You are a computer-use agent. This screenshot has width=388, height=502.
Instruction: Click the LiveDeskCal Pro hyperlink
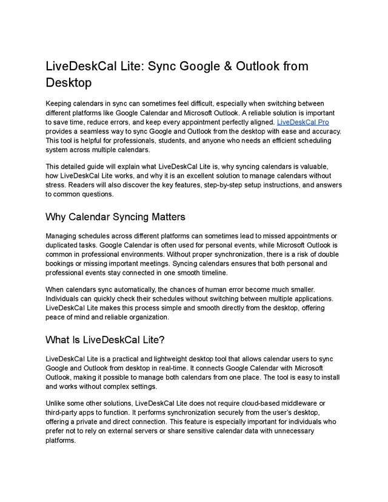pos(303,122)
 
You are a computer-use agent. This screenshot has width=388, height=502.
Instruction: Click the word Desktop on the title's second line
pos(69,82)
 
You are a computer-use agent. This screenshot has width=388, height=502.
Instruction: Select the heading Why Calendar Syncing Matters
pos(115,216)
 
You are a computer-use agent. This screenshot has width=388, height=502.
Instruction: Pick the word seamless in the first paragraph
pos(100,131)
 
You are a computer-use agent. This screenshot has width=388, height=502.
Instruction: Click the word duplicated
pos(64,245)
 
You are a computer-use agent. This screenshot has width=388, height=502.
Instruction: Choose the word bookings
pos(62,264)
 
